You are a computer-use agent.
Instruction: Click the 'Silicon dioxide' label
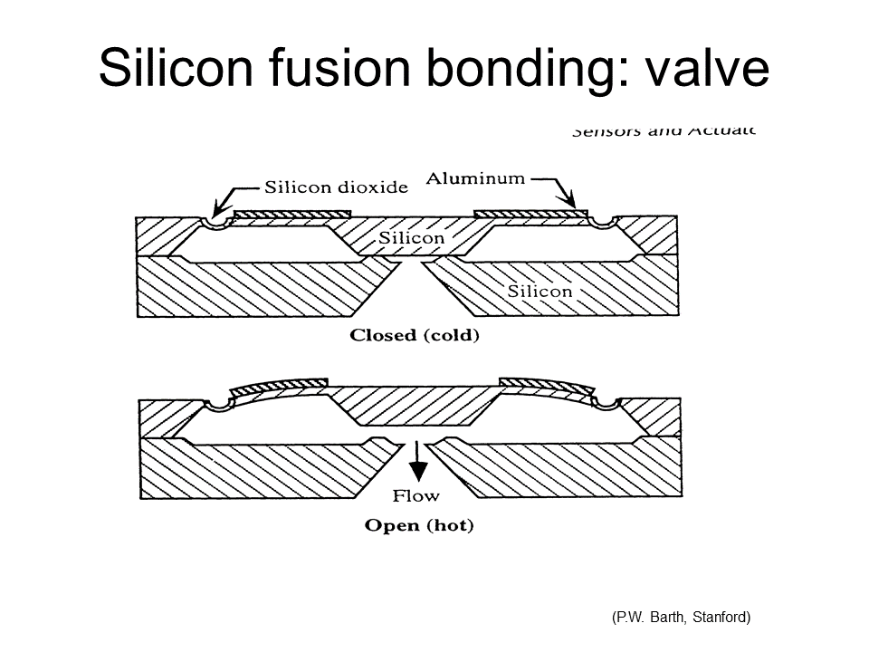click(336, 187)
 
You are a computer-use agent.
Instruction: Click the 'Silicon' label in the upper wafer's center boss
click(411, 238)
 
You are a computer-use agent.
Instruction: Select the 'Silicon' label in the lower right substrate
click(540, 291)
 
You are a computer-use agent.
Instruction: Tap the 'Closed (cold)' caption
click(414, 335)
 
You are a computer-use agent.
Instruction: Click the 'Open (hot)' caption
click(418, 525)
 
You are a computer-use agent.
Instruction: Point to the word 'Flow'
click(415, 495)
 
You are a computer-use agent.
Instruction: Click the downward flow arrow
click(416, 463)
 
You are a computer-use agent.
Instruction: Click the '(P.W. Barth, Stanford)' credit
click(681, 618)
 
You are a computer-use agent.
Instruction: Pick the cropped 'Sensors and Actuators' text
click(662, 130)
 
